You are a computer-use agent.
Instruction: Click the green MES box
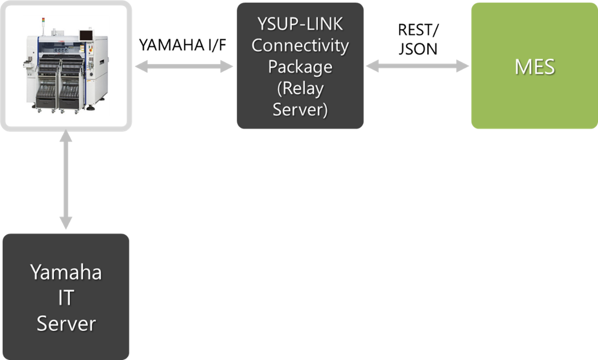[534, 66]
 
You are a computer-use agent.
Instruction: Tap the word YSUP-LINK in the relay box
[300, 24]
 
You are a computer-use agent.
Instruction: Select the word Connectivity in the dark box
[300, 46]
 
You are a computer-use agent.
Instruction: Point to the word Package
[300, 67]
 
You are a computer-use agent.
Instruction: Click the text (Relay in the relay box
[300, 88]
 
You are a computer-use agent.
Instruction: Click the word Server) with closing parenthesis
[300, 110]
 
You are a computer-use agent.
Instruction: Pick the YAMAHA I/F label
[183, 45]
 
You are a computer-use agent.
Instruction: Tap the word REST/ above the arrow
[418, 30]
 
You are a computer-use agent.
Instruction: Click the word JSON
[418, 49]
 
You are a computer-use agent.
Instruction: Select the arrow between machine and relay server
[184, 67]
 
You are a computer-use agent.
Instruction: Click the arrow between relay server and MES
[417, 66]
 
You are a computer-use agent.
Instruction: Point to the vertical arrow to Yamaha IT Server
[66, 179]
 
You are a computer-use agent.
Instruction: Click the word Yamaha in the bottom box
[66, 272]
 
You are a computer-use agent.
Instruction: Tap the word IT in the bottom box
[66, 298]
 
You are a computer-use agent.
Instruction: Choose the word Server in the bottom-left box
[66, 324]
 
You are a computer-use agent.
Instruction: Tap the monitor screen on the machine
[86, 36]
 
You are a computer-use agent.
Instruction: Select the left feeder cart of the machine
[48, 84]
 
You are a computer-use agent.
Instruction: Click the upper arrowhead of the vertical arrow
[66, 135]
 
